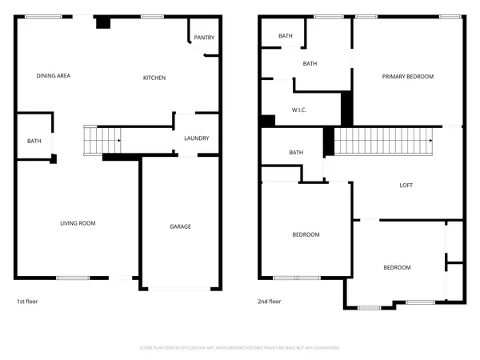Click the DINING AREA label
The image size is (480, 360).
point(54,77)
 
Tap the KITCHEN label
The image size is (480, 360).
point(154,78)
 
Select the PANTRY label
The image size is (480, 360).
point(204,38)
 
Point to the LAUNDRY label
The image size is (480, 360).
point(196,138)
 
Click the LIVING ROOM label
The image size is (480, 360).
point(78,223)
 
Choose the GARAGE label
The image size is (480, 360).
point(180,226)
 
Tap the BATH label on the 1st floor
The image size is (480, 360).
point(34,142)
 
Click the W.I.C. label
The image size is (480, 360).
point(300,110)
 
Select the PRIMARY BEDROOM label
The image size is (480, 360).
point(407,77)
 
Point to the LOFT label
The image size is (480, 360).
point(406,186)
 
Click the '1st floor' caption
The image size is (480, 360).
point(27,302)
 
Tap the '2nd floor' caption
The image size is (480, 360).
point(270,302)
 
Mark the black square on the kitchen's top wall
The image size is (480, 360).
point(102,23)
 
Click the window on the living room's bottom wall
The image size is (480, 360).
point(72,278)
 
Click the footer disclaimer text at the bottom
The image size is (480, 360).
point(240,348)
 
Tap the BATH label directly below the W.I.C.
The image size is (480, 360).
point(296,153)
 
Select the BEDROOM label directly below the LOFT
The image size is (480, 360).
point(396,267)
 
